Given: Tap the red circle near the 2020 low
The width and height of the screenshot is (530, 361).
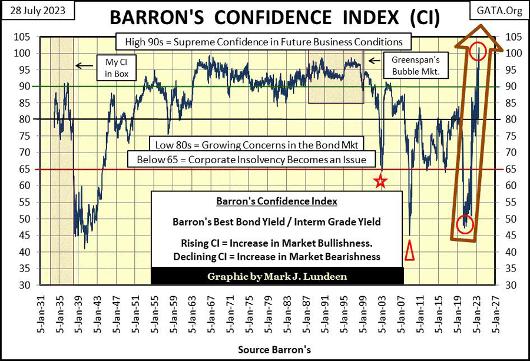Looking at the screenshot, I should (465, 224).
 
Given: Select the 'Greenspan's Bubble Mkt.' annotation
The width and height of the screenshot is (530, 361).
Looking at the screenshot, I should (408, 65).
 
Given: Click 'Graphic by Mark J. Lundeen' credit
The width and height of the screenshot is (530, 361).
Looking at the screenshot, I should (277, 276).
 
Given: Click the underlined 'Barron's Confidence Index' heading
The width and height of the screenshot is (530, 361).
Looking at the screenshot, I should (276, 201).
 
